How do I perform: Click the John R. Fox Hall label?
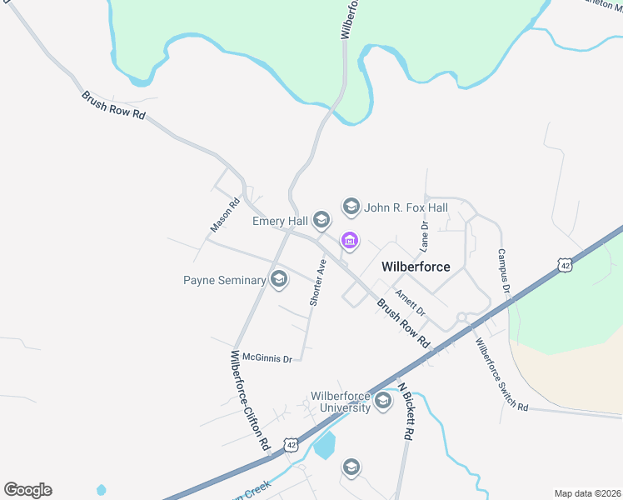[x=406, y=207]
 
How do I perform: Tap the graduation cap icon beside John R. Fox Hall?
[x=351, y=206]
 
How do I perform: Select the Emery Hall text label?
[x=280, y=221]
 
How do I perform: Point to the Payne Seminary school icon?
[x=279, y=280]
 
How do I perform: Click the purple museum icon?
[x=349, y=241]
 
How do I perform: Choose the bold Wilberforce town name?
[x=416, y=267]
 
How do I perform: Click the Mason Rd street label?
[x=225, y=214]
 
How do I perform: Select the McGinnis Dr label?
[x=267, y=358]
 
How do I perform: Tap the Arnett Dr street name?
[x=410, y=302]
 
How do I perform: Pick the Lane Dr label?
[x=424, y=237]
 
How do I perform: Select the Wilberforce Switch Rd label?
[x=501, y=374]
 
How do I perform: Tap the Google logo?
[x=27, y=490]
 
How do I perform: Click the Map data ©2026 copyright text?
[x=586, y=492]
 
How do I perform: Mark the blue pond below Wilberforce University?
[x=325, y=445]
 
